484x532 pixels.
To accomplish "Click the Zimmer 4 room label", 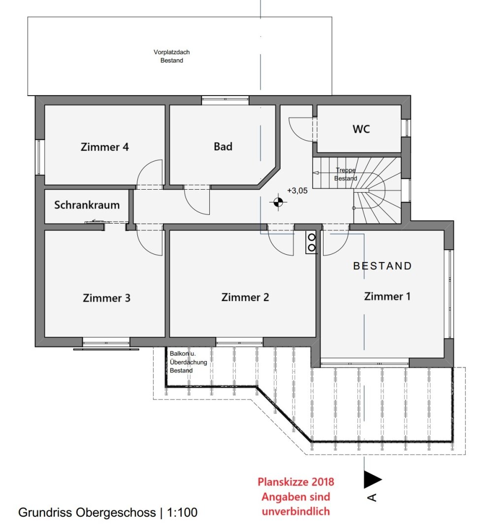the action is coord(105,147).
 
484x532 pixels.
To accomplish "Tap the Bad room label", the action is coord(223,147).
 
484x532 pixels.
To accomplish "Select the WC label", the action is coord(361,129).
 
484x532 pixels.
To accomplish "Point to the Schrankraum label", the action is coord(87,205).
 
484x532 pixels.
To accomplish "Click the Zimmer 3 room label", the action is coord(106,298).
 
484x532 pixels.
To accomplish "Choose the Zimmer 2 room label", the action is coord(245,297).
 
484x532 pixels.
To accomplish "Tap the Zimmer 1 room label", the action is coord(387,296).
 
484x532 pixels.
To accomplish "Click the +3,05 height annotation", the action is coord(297,191).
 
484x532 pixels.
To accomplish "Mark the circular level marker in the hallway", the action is coord(278,202).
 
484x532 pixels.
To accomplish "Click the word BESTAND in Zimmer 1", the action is coord(383,266).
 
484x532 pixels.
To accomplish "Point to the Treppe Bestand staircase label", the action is coord(346,174).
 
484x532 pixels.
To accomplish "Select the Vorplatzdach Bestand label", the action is coord(172,56).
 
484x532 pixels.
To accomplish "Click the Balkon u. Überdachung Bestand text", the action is coord(188,362).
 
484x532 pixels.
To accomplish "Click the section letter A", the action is coord(372,498).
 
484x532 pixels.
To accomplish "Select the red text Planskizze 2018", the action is coord(296,482).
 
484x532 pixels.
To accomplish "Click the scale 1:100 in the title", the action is coord(182,512).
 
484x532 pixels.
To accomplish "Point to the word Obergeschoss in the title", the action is coord(116,513).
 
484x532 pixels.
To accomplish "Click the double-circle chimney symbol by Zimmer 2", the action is coord(311,242).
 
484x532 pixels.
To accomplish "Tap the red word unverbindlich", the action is coord(296,511).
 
